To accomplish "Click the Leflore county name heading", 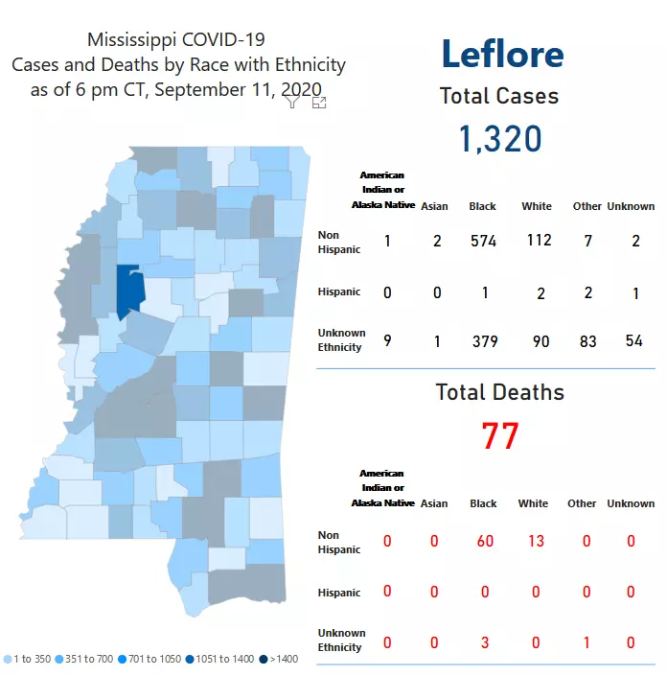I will (502, 54).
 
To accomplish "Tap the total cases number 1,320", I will (499, 139).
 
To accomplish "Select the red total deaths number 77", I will (499, 436).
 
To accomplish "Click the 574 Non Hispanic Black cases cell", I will (483, 242).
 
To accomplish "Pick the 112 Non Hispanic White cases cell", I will (539, 241).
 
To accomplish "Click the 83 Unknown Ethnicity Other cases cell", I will (587, 341).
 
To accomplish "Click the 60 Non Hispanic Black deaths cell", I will (484, 542).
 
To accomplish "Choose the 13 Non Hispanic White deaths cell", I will (535, 542).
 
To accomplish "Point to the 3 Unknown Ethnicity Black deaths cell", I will (484, 641).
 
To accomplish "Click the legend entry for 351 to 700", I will (86, 659).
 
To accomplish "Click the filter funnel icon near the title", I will (293, 102).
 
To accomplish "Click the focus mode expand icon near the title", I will (319, 102).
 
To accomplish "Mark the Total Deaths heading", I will (499, 392).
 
